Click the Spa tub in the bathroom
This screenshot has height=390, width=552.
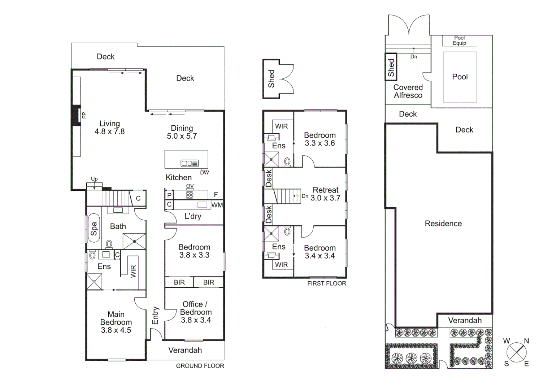tap(94, 228)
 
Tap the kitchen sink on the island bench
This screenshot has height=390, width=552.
tap(190, 163)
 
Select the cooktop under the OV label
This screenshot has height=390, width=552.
tap(190, 195)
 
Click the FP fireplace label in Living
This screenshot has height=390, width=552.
tap(84, 115)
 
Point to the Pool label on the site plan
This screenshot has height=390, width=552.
tap(460, 77)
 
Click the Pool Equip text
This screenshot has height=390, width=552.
tap(459, 40)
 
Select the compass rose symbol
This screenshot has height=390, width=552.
tap(516, 352)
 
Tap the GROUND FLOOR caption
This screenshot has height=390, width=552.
tap(200, 366)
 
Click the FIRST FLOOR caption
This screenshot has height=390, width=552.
tap(326, 283)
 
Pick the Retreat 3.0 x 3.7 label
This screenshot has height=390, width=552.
tap(325, 194)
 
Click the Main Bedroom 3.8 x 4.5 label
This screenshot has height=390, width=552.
tap(116, 322)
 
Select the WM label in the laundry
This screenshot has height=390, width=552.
tap(217, 205)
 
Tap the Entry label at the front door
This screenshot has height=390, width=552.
tap(155, 316)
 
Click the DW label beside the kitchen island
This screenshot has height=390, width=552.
tap(204, 173)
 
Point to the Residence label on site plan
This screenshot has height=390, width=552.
tap(443, 224)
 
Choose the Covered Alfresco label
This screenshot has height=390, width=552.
tap(408, 91)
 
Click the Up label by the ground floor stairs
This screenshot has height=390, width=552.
tap(94, 179)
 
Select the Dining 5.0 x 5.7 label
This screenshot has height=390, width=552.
tap(182, 132)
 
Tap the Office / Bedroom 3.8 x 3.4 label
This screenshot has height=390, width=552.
tap(196, 312)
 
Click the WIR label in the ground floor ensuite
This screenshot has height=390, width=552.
tap(133, 271)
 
